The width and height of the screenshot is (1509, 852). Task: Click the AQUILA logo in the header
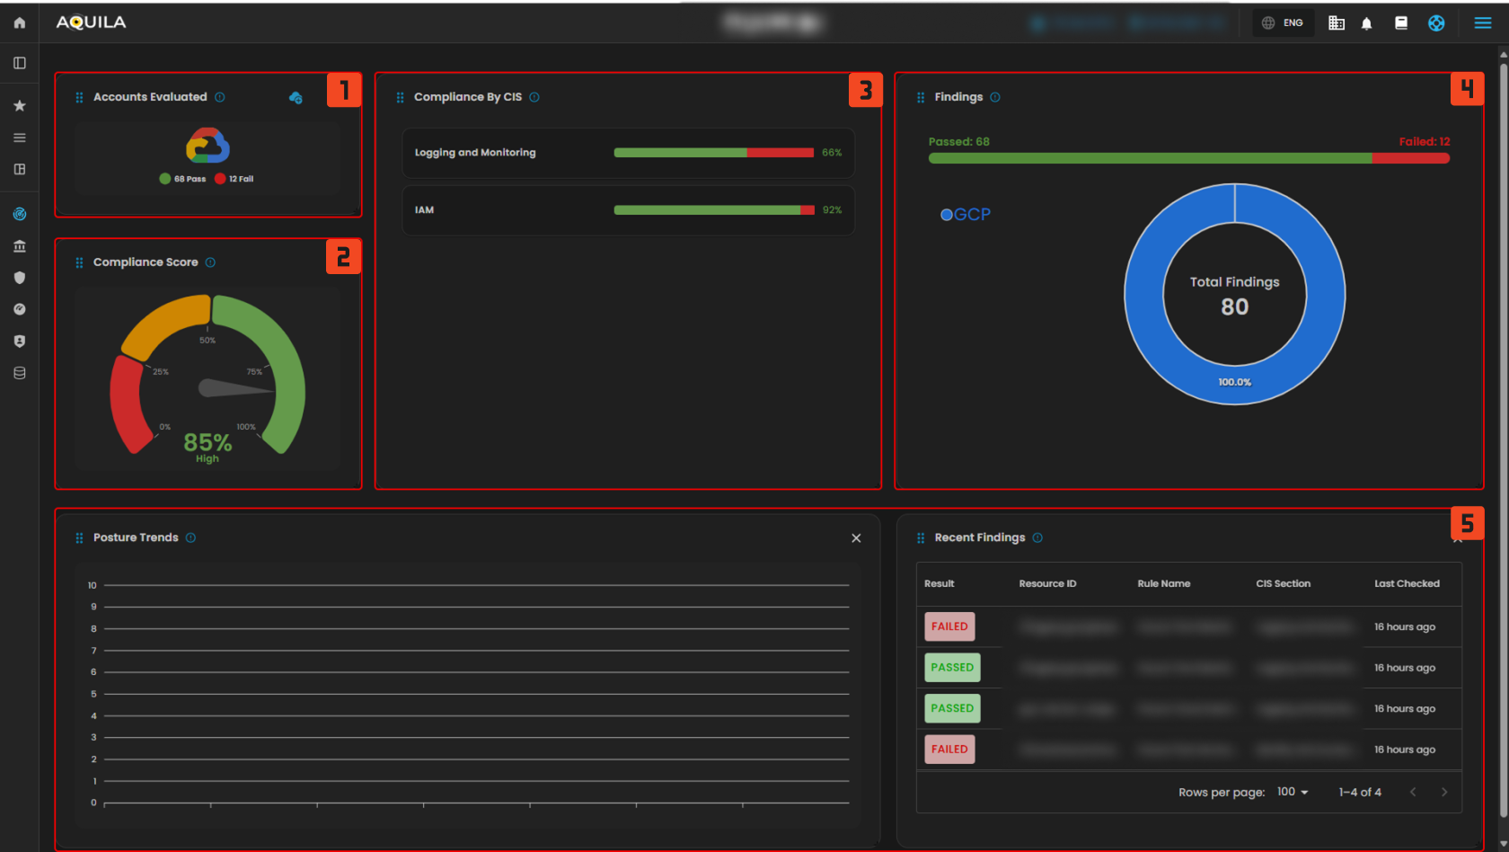[x=91, y=22]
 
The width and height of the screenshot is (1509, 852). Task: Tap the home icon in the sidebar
[x=20, y=22]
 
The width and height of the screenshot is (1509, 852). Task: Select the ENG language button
[x=1283, y=22]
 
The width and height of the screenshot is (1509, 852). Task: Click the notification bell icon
[x=1366, y=23]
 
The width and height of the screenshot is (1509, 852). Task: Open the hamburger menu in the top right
[x=1483, y=22]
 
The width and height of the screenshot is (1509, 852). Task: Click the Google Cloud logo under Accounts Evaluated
[x=207, y=145]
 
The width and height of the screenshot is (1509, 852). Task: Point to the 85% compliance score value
[x=207, y=442]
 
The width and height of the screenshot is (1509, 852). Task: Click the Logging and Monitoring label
[x=475, y=153]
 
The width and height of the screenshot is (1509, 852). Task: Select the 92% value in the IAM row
[x=832, y=210]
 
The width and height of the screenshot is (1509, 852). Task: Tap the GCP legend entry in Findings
[x=966, y=215]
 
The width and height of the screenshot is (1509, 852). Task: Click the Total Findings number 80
[x=1234, y=307]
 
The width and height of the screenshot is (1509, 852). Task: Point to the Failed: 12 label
[x=1424, y=142]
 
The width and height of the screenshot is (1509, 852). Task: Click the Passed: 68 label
[x=959, y=142]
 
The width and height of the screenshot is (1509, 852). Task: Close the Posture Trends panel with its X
[x=856, y=538]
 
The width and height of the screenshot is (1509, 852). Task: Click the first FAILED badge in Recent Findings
[x=949, y=626]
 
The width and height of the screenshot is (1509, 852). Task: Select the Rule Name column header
[x=1163, y=584]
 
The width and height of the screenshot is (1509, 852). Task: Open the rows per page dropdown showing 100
[x=1293, y=792]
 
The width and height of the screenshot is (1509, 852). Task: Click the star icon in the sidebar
[x=20, y=106]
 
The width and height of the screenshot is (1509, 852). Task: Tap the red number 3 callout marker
[x=865, y=90]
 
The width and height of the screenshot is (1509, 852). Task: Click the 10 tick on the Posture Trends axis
[x=93, y=585]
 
